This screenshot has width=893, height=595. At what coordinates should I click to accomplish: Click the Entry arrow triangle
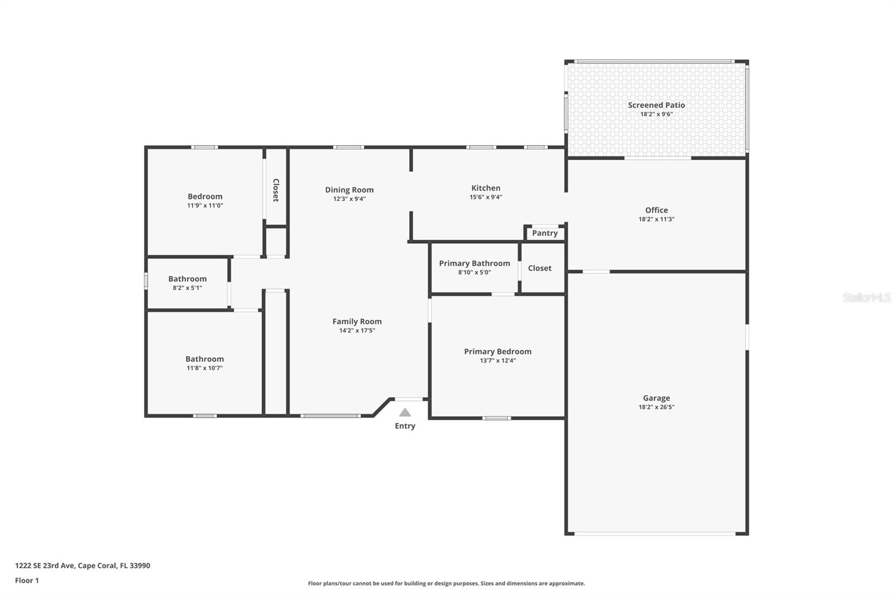[x=405, y=412]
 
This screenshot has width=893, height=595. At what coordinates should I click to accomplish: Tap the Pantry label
[x=545, y=233]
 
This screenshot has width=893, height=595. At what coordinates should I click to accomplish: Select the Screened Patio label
[x=656, y=105]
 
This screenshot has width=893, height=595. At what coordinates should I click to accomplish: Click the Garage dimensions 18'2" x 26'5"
[x=656, y=407]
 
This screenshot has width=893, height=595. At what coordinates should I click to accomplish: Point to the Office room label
[x=656, y=210]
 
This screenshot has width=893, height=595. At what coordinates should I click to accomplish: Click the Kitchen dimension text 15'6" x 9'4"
[x=486, y=197]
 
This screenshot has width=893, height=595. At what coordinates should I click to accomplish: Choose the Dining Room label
[x=349, y=190]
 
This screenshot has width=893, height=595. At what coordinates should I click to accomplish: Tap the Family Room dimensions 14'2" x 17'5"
[x=357, y=330]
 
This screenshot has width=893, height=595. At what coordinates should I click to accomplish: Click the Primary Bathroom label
[x=474, y=263]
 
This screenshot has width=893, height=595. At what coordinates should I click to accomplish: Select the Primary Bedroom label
[x=498, y=352]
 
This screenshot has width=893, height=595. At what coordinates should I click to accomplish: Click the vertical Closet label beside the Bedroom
[x=276, y=190]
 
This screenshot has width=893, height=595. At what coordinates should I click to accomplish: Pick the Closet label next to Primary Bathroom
[x=540, y=268]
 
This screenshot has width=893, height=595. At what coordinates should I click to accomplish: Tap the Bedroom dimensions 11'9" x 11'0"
[x=205, y=205]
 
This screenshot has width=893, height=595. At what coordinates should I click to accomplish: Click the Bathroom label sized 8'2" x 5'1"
[x=188, y=279]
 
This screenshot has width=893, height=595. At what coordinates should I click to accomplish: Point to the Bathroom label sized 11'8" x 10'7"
[x=205, y=359]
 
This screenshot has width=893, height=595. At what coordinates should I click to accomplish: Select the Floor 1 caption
[x=27, y=580]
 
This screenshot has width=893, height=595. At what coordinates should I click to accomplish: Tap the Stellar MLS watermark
[x=867, y=297]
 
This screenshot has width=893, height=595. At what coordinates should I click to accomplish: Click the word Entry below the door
[x=405, y=426]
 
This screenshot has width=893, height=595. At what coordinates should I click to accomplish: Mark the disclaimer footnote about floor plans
[x=446, y=583]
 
